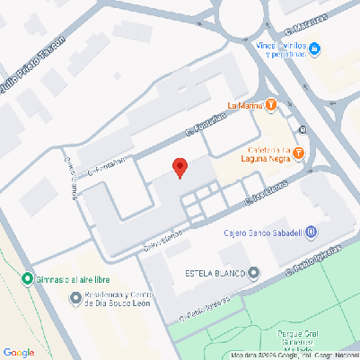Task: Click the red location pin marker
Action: [x=180, y=168]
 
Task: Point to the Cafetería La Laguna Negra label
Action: [x=266, y=153]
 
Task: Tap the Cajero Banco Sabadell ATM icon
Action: [x=311, y=233]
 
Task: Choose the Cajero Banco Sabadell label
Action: [x=263, y=233]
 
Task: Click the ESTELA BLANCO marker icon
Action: [x=254, y=272]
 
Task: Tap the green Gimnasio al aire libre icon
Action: [x=27, y=277]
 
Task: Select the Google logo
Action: [x=19, y=352]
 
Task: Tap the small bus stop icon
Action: [x=303, y=129]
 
